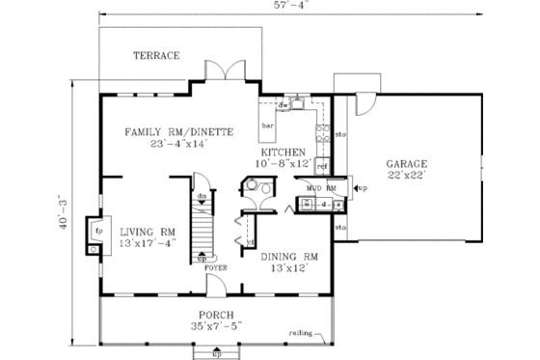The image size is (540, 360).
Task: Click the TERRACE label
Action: point(156,56)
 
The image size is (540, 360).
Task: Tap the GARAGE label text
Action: point(407,164)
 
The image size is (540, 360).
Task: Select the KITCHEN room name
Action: point(282,152)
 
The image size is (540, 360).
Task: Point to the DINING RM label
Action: point(289,256)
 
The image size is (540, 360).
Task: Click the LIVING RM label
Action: point(148,232)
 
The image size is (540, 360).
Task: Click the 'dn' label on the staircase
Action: point(202,197)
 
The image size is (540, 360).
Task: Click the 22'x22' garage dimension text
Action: point(407,177)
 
